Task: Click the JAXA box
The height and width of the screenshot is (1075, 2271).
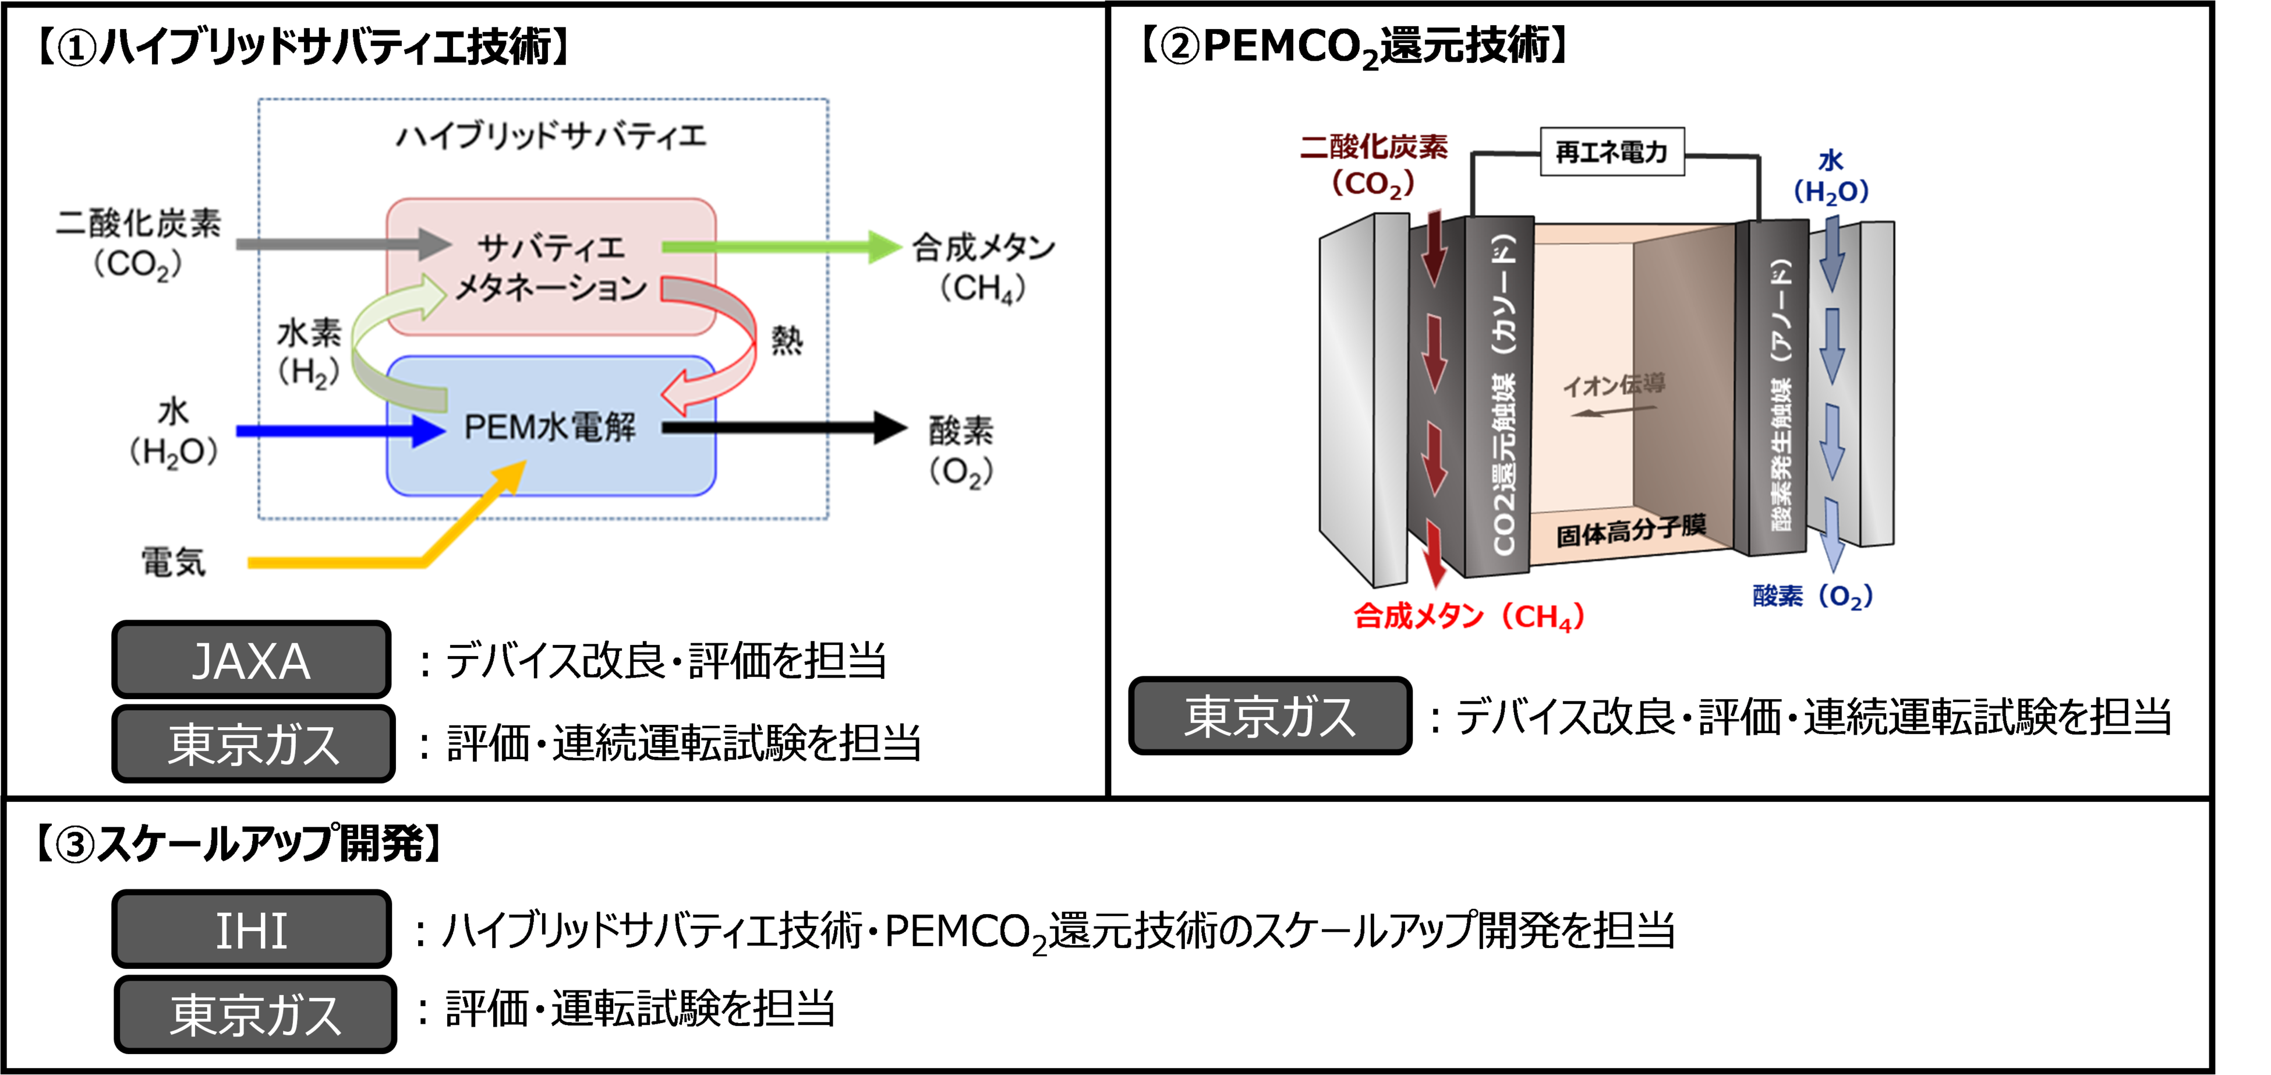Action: pyautogui.click(x=251, y=660)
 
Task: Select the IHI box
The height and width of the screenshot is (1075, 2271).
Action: pyautogui.click(x=251, y=929)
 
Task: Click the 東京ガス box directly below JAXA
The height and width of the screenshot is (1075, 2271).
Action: pyautogui.click(x=253, y=743)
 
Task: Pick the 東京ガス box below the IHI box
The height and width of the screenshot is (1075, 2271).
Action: pyautogui.click(x=255, y=1014)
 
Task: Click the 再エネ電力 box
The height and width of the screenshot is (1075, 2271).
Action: pyautogui.click(x=1612, y=151)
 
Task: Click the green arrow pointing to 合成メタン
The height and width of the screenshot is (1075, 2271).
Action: pyautogui.click(x=781, y=247)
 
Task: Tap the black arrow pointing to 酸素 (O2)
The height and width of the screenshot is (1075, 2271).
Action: pyautogui.click(x=784, y=428)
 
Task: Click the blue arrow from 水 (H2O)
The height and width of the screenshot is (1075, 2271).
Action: pyautogui.click(x=340, y=431)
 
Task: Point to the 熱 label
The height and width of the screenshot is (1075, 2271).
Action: pyautogui.click(x=787, y=340)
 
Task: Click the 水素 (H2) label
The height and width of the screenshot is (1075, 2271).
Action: pyautogui.click(x=309, y=353)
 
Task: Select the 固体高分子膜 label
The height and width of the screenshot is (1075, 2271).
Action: pyautogui.click(x=1631, y=531)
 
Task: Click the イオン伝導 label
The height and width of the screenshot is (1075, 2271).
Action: pyautogui.click(x=1614, y=385)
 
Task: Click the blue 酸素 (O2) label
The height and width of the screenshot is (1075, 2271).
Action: pyautogui.click(x=1813, y=596)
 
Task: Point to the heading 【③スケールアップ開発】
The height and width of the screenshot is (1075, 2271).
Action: pyautogui.click(x=238, y=844)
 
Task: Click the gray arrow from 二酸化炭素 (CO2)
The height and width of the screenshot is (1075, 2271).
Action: pyautogui.click(x=344, y=244)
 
